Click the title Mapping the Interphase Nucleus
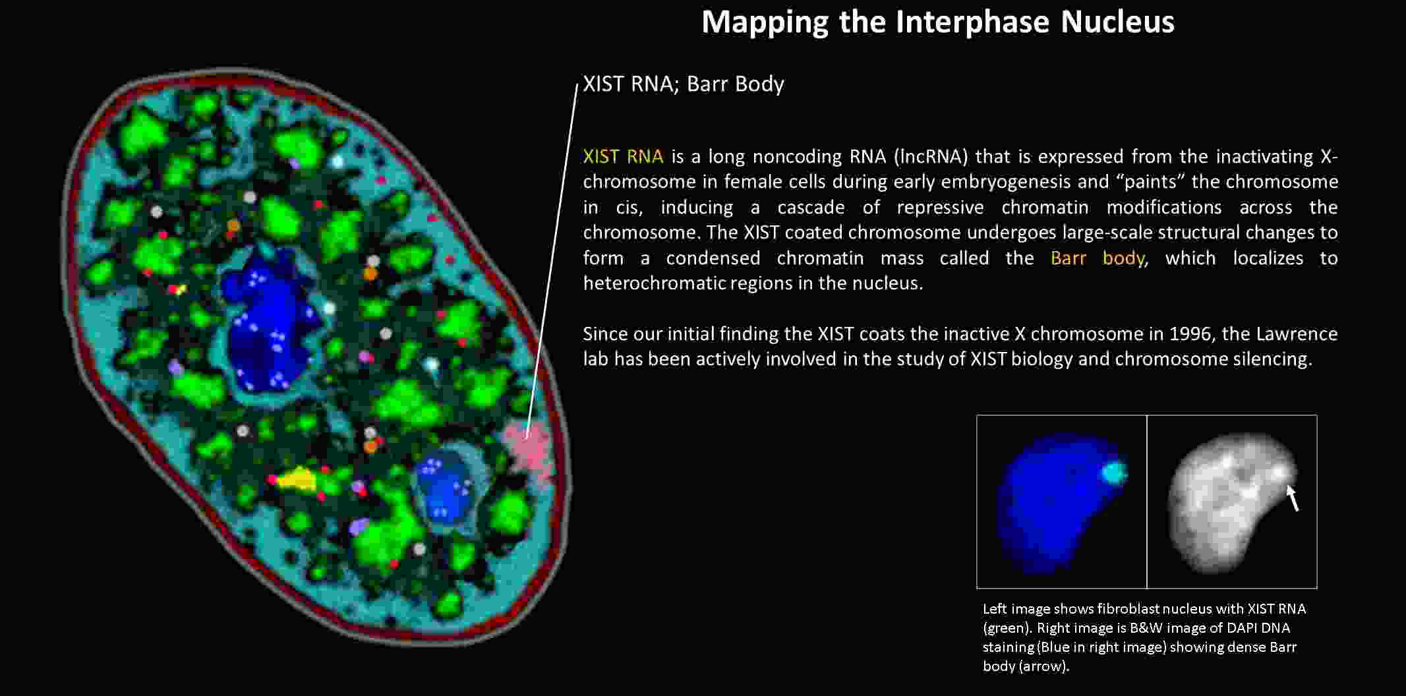937,22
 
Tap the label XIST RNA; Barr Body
684,84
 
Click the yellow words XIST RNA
623,156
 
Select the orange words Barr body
1098,258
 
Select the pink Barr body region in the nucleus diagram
529,448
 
